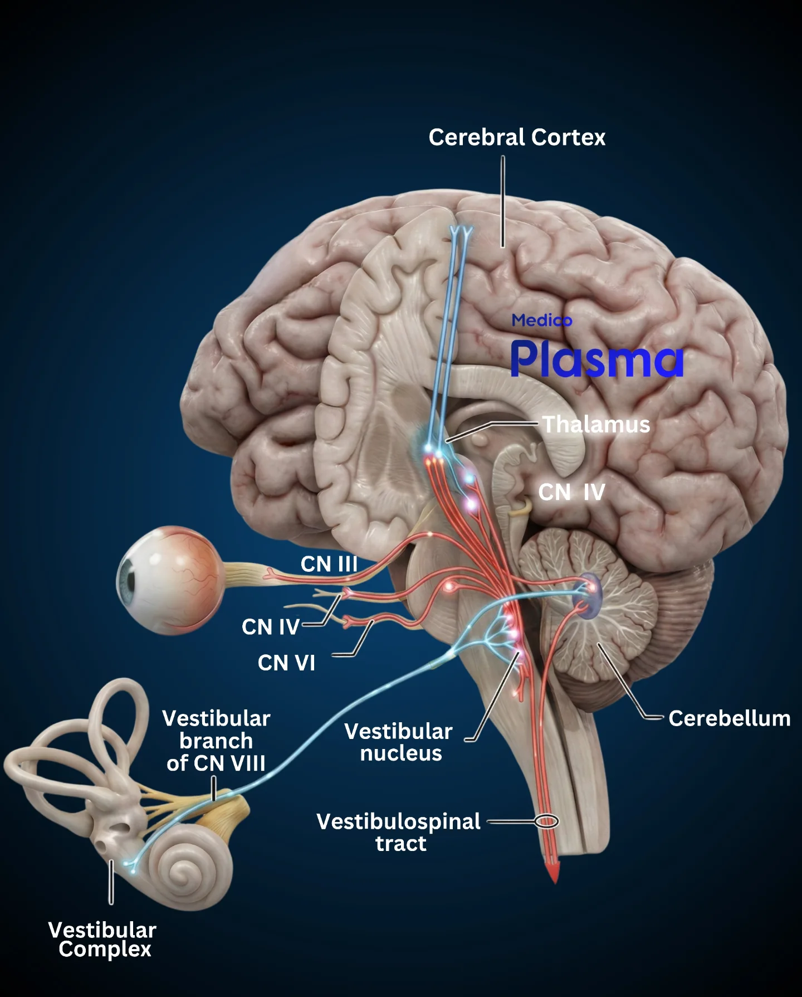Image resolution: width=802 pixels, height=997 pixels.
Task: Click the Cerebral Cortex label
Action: [517, 137]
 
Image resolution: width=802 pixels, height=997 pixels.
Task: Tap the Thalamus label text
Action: [596, 425]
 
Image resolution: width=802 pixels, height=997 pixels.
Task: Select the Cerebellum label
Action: [730, 718]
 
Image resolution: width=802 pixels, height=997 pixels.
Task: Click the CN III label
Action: [329, 564]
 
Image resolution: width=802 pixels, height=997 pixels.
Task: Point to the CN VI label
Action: [286, 663]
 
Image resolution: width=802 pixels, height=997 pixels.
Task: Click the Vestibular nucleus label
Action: [399, 742]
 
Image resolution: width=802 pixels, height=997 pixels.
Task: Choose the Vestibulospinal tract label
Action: [399, 832]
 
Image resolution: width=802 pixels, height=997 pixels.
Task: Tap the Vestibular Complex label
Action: [102, 939]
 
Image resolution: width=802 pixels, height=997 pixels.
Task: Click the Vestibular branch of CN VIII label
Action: [216, 741]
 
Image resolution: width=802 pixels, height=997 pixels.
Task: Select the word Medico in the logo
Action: [542, 320]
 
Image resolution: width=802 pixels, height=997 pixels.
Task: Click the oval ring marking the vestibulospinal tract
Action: [546, 821]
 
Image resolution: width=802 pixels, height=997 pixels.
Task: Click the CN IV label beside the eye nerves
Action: [271, 627]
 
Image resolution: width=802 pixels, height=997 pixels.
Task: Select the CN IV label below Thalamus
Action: [571, 492]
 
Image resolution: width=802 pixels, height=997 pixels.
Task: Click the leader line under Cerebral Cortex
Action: [503, 201]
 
